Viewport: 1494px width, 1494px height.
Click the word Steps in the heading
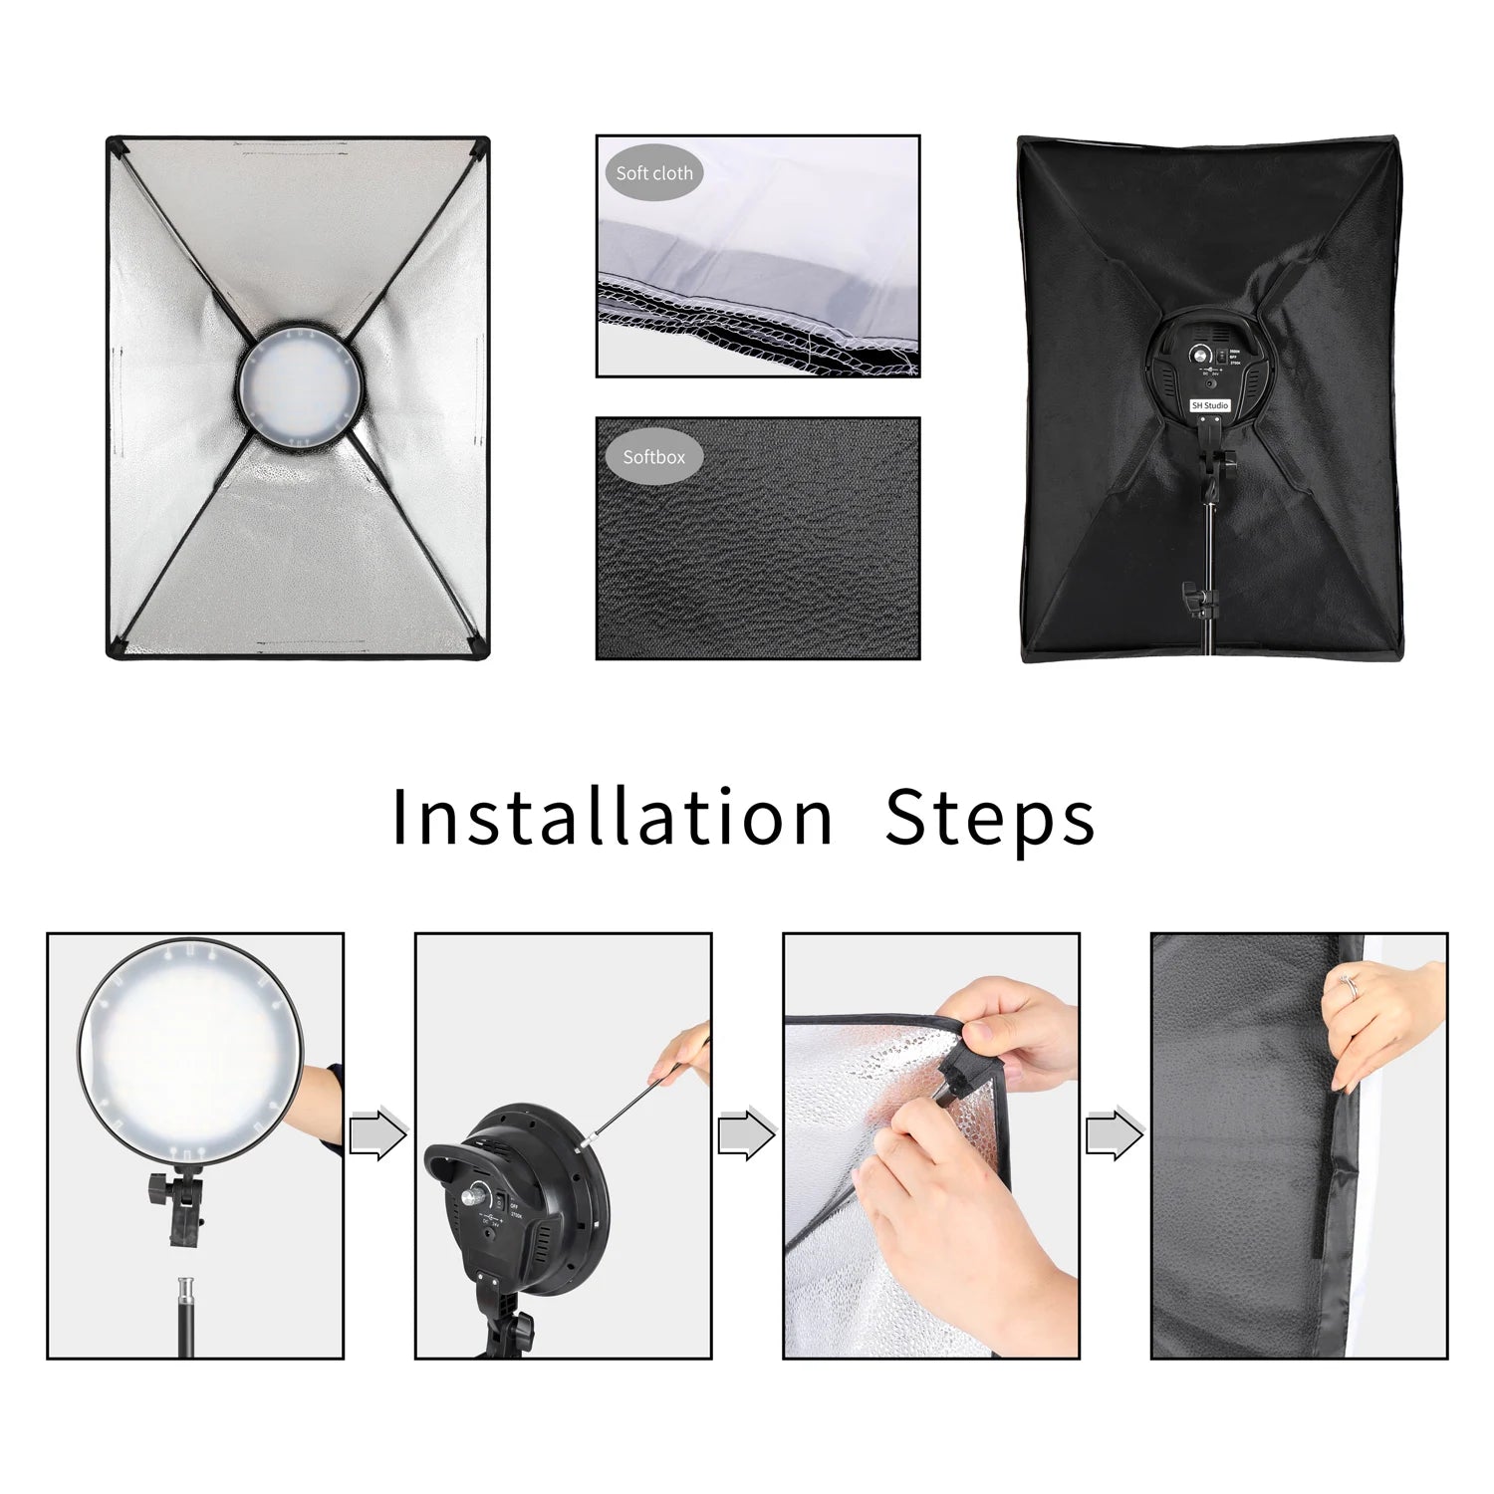989,819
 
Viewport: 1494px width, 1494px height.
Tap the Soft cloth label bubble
654,173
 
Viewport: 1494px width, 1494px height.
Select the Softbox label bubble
654,457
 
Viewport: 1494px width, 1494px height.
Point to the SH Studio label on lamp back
1210,405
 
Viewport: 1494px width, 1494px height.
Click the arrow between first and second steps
378,1134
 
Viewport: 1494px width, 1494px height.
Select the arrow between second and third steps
746,1134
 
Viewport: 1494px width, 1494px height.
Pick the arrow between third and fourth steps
1115,1134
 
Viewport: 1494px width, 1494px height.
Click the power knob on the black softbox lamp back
1201,356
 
